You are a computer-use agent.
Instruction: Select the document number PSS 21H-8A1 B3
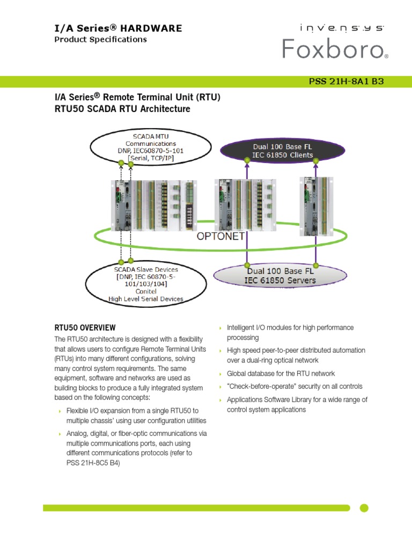346,81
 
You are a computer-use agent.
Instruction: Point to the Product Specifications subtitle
100,39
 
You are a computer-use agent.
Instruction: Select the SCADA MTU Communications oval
150,147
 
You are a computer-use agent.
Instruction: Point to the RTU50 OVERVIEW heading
85,328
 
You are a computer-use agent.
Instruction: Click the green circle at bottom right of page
364,508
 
